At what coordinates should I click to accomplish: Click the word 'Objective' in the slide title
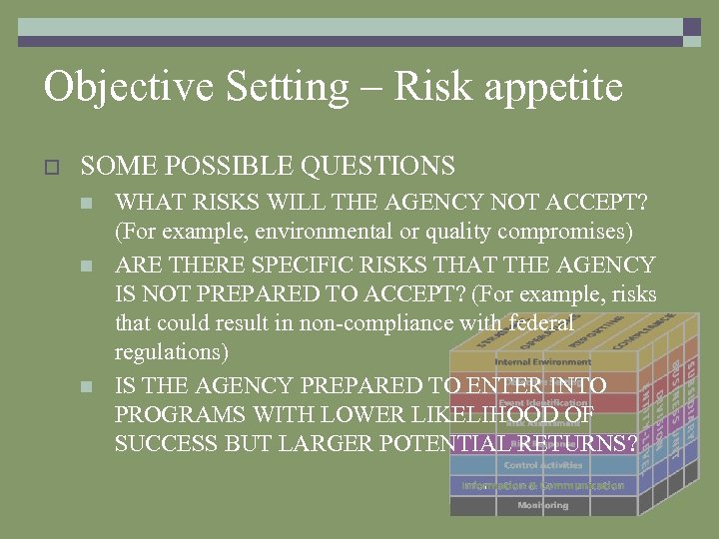click(128, 87)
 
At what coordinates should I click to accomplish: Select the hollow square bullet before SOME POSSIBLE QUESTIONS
click(54, 167)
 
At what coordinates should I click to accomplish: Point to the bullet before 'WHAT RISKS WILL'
click(87, 205)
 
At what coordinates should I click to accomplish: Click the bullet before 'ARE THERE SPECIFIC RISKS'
click(87, 267)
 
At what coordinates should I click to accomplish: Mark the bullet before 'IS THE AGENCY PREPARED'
click(87, 386)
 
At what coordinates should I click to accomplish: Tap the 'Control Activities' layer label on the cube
click(543, 465)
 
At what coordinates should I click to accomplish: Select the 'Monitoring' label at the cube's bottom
click(543, 505)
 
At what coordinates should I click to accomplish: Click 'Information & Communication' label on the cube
click(543, 485)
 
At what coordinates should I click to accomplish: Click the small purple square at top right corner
click(691, 27)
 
